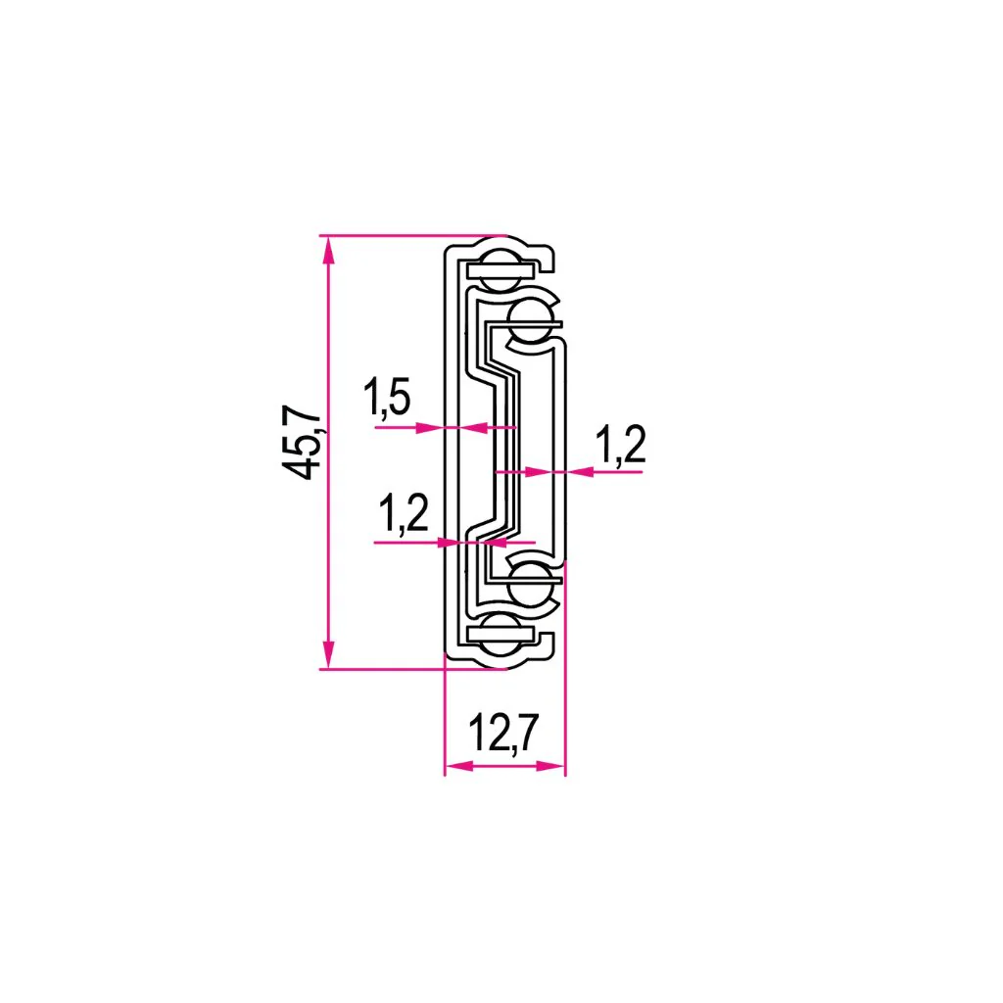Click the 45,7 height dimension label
click(301, 442)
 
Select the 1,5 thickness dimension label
click(387, 398)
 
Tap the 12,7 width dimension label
click(504, 733)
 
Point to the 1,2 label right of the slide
click(620, 445)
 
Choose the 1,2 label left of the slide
click(403, 513)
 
